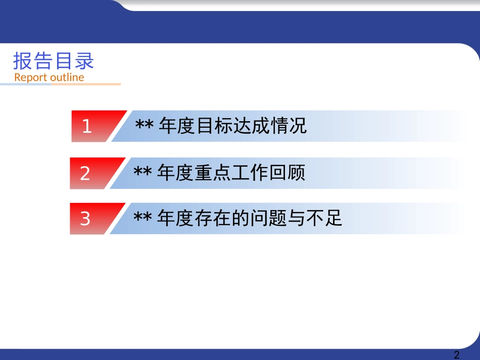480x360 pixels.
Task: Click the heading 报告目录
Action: point(54,61)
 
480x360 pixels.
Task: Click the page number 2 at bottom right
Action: point(457,354)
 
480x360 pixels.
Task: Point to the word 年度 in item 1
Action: point(176,126)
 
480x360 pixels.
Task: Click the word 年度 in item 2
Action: point(175,173)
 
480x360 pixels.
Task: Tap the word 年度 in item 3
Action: point(175,219)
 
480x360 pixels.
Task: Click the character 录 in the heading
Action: point(84,61)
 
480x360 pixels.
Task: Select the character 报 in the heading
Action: point(22,61)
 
